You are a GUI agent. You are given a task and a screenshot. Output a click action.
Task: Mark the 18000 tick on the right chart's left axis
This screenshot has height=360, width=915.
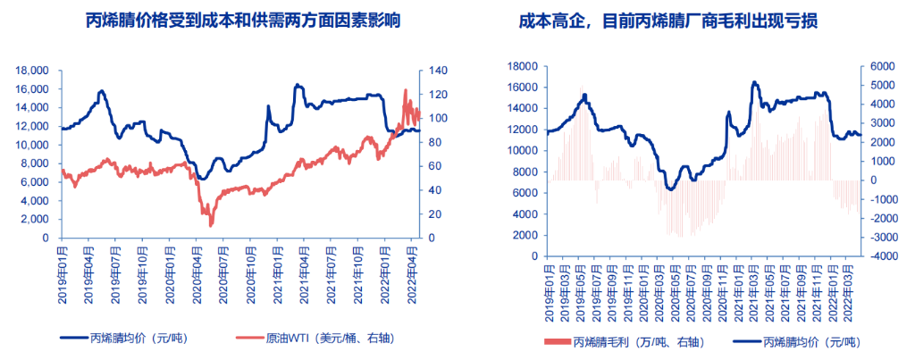[520, 66]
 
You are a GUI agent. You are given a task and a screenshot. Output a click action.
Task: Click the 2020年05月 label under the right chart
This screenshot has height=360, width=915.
[667, 284]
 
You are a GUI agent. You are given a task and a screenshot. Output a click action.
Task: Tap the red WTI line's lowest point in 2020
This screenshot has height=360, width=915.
[211, 225]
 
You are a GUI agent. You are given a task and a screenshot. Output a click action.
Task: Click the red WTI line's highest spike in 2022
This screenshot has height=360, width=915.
[406, 89]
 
